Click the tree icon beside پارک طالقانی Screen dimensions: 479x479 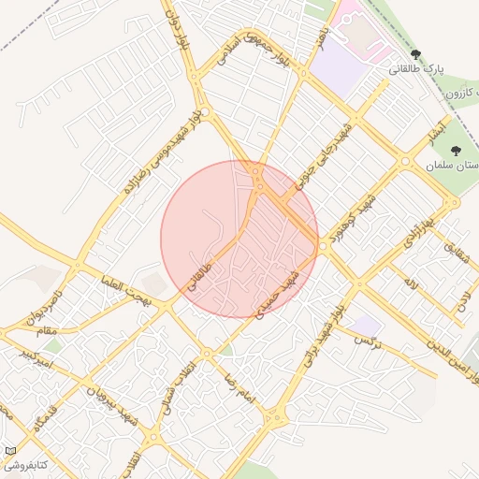416,55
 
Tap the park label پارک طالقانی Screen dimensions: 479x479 415,70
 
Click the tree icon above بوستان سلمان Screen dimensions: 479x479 456,150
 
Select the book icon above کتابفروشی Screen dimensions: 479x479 11,450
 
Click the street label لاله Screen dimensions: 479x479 412,280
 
